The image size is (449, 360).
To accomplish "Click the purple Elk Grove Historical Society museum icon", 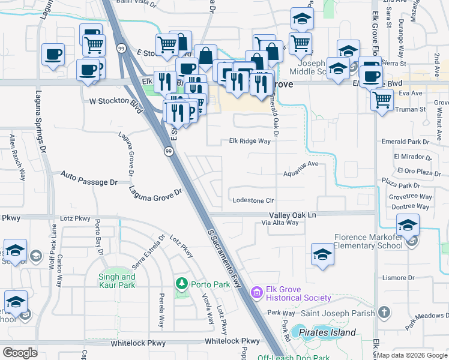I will pos(257,292).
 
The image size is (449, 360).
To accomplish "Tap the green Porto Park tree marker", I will pos(181,283).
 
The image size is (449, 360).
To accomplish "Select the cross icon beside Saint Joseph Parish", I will pos(384,313).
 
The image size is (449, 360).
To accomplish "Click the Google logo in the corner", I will pos(20,353).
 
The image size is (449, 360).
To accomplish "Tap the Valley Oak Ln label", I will pos(292,214).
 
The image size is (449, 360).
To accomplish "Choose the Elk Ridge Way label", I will pos(250,141).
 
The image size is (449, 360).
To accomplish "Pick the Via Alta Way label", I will pos(280,223).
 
